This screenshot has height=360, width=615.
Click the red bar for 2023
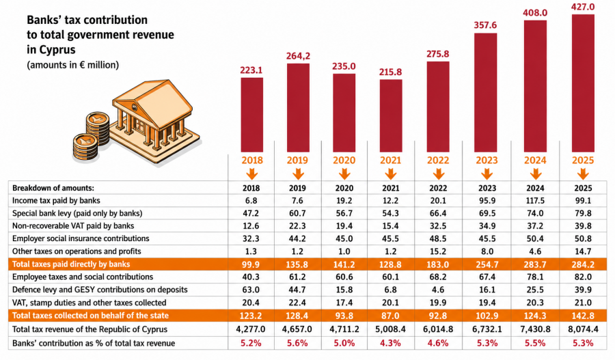pos(486,92)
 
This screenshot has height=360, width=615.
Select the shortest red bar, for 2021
pos(391,115)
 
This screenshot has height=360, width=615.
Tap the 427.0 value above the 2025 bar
pos(583,7)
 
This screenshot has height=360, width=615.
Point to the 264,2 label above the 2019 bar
pos(298,56)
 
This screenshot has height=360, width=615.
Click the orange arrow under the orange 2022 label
pos(439,174)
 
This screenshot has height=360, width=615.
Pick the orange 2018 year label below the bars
pos(251,161)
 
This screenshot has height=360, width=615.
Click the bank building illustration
pos(137,122)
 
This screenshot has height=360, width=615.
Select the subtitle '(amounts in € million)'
pos(72,65)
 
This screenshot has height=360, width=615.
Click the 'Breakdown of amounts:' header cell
pos(53,189)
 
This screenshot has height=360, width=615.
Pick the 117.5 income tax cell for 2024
pos(535,201)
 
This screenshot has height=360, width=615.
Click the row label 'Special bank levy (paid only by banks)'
pos(77,213)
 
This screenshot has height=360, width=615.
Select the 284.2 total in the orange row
pos(583,265)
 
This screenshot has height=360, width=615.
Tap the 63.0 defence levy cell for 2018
pos(251,290)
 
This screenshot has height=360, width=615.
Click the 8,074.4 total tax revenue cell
pos(583,329)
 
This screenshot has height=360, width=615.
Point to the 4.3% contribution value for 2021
pos(390,343)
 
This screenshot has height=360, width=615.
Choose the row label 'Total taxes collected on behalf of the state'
pos(90,316)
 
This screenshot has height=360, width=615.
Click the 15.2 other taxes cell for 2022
pos(438,251)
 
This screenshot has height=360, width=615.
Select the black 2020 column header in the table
pos(344,189)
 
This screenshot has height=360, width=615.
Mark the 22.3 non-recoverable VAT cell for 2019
pos(297,226)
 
